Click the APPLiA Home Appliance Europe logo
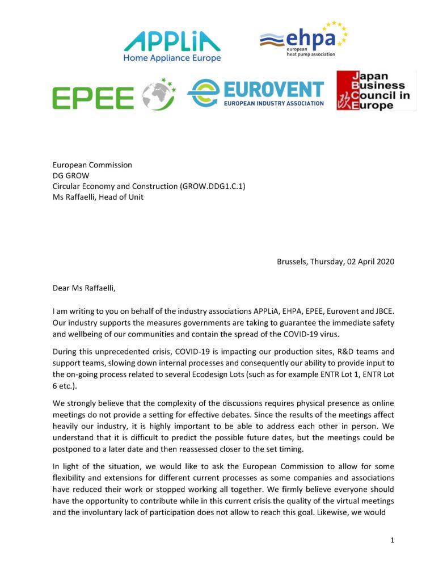(x=171, y=46)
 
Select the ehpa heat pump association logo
(x=303, y=40)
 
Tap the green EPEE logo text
(x=93, y=98)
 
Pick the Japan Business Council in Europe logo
(x=376, y=90)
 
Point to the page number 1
(x=392, y=540)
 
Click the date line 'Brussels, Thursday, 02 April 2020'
(x=335, y=262)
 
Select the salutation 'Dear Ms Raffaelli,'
(x=83, y=288)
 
